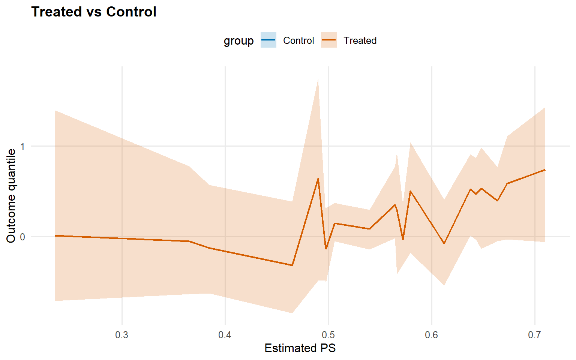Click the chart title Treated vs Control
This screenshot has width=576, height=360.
[94, 12]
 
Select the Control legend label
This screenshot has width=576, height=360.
[298, 40]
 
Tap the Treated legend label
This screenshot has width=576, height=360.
[360, 40]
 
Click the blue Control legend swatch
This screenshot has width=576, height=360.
[268, 40]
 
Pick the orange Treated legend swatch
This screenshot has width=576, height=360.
[329, 40]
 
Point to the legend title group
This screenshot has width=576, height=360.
[238, 40]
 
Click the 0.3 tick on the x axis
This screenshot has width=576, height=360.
[122, 335]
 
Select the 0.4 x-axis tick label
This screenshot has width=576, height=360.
[225, 335]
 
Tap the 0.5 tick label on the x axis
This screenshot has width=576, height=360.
[328, 335]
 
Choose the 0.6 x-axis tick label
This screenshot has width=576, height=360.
[432, 335]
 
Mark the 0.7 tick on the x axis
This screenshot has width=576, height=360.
[535, 335]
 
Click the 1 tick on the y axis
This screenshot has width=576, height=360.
[22, 146]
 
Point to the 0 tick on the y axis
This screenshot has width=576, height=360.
[22, 237]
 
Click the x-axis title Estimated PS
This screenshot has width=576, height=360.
[300, 348]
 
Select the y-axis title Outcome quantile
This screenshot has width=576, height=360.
[11, 196]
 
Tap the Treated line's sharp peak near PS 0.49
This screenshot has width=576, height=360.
[318, 179]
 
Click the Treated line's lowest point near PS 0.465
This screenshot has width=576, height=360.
[292, 265]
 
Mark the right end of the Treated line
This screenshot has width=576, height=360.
[545, 170]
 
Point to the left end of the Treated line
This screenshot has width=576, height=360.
[55, 236]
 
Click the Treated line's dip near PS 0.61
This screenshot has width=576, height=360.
[444, 243]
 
